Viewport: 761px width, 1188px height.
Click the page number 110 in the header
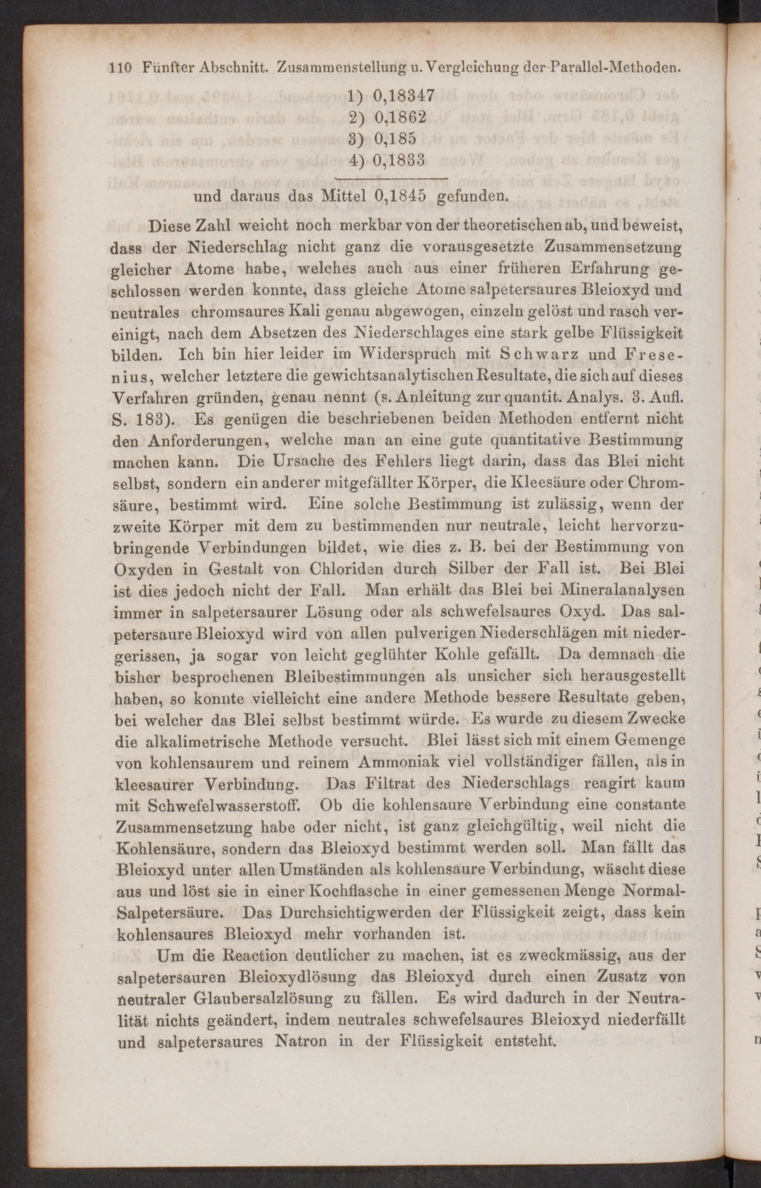119,68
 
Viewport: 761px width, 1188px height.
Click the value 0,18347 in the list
404,95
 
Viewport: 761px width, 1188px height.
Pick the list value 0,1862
400,117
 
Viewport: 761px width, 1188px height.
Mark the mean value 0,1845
400,196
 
